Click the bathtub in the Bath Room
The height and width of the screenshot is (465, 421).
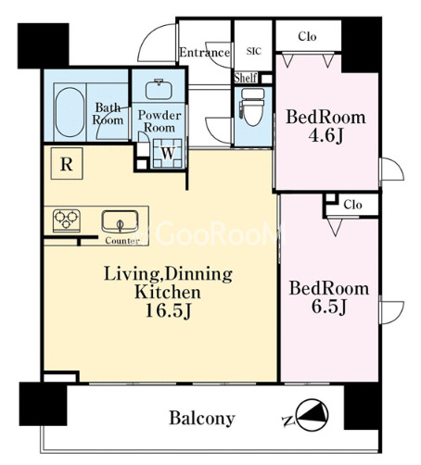tap(70, 112)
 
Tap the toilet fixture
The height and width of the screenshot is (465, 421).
tap(252, 107)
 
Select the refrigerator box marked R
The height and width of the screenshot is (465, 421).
tap(67, 163)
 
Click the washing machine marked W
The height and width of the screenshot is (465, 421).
tap(168, 153)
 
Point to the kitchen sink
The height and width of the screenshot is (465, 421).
tap(120, 221)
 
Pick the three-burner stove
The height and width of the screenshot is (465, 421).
tap(67, 220)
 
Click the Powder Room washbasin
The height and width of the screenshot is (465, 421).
tap(159, 90)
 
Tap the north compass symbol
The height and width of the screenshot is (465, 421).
tap(313, 415)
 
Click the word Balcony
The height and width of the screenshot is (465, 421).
tap(202, 419)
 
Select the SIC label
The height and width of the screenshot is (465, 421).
tap(254, 51)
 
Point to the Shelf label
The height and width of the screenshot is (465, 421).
tap(246, 78)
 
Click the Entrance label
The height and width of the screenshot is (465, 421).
tap(205, 53)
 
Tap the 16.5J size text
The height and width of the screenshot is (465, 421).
tap(169, 311)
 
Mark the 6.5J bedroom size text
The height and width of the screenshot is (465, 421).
tap(328, 307)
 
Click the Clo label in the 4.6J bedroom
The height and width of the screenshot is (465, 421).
tap(307, 37)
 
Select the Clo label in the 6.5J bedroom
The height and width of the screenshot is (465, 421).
tap(352, 205)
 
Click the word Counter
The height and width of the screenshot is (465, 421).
tap(122, 241)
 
